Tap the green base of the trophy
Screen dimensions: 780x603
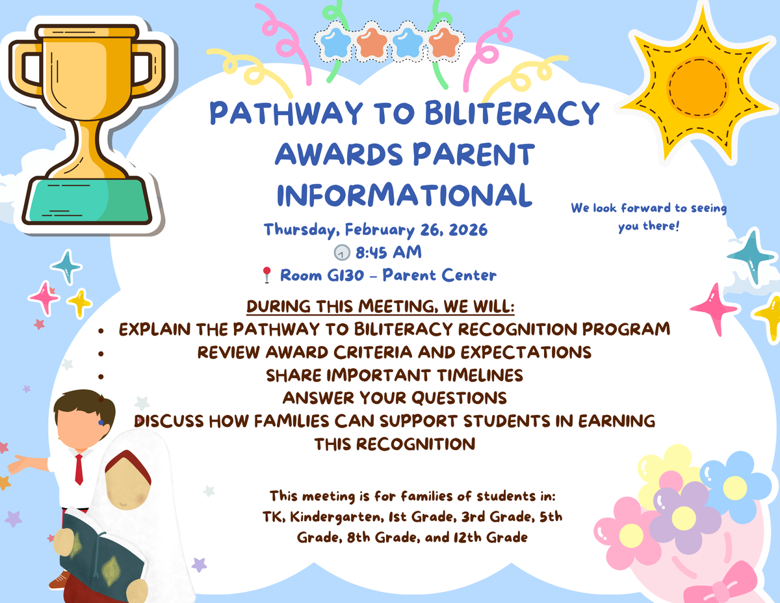[86, 201]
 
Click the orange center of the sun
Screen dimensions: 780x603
[698, 87]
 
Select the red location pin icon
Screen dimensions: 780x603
[266, 275]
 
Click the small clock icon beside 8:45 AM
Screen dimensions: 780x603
[342, 252]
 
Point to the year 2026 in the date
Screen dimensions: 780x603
[468, 230]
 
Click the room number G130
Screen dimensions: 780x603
[345, 275]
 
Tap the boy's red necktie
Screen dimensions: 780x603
[79, 469]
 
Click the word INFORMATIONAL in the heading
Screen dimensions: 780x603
[404, 194]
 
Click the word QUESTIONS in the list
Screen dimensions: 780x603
[459, 398]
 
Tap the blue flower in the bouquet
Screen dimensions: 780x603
[734, 487]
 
